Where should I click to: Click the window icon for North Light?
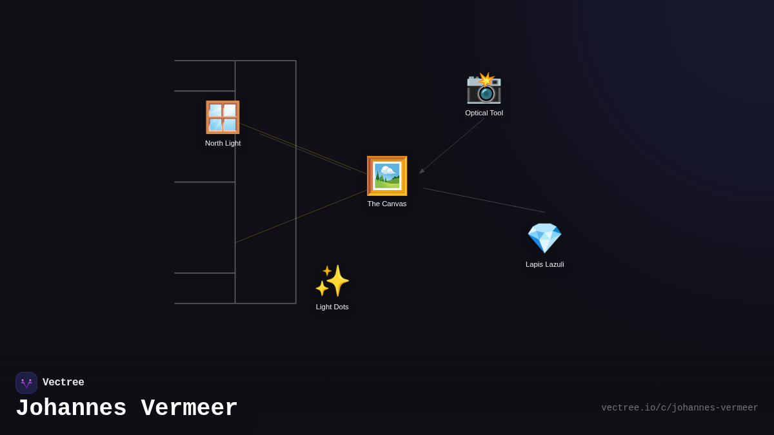pyautogui.click(x=223, y=117)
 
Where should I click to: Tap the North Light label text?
pyautogui.click(x=223, y=143)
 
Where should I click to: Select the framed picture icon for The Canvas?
pyautogui.click(x=387, y=176)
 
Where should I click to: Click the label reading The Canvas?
pyautogui.click(x=387, y=204)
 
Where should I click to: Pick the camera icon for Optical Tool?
pyautogui.click(x=484, y=88)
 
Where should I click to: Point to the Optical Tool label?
pyautogui.click(x=484, y=113)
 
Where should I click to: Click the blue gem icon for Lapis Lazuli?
pyautogui.click(x=544, y=238)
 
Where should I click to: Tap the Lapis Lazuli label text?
pyautogui.click(x=544, y=264)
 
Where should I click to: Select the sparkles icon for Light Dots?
pyautogui.click(x=332, y=281)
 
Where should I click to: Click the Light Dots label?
pyautogui.click(x=332, y=307)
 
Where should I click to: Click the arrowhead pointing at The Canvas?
pyautogui.click(x=422, y=171)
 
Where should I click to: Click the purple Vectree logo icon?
pyautogui.click(x=26, y=383)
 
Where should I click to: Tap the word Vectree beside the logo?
pyautogui.click(x=63, y=383)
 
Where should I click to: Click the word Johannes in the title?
pyautogui.click(x=71, y=409)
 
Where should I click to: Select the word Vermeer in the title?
pyautogui.click(x=190, y=409)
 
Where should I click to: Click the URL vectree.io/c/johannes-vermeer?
pyautogui.click(x=679, y=408)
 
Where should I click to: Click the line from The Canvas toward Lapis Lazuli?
pyautogui.click(x=484, y=200)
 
